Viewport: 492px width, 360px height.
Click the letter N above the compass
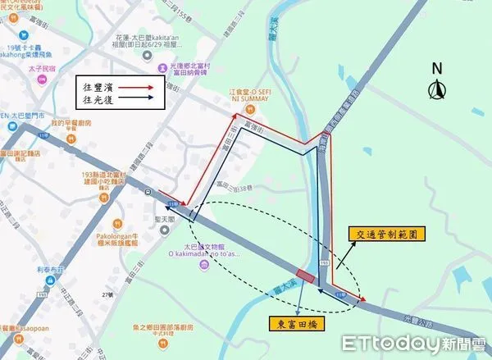[437, 68]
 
